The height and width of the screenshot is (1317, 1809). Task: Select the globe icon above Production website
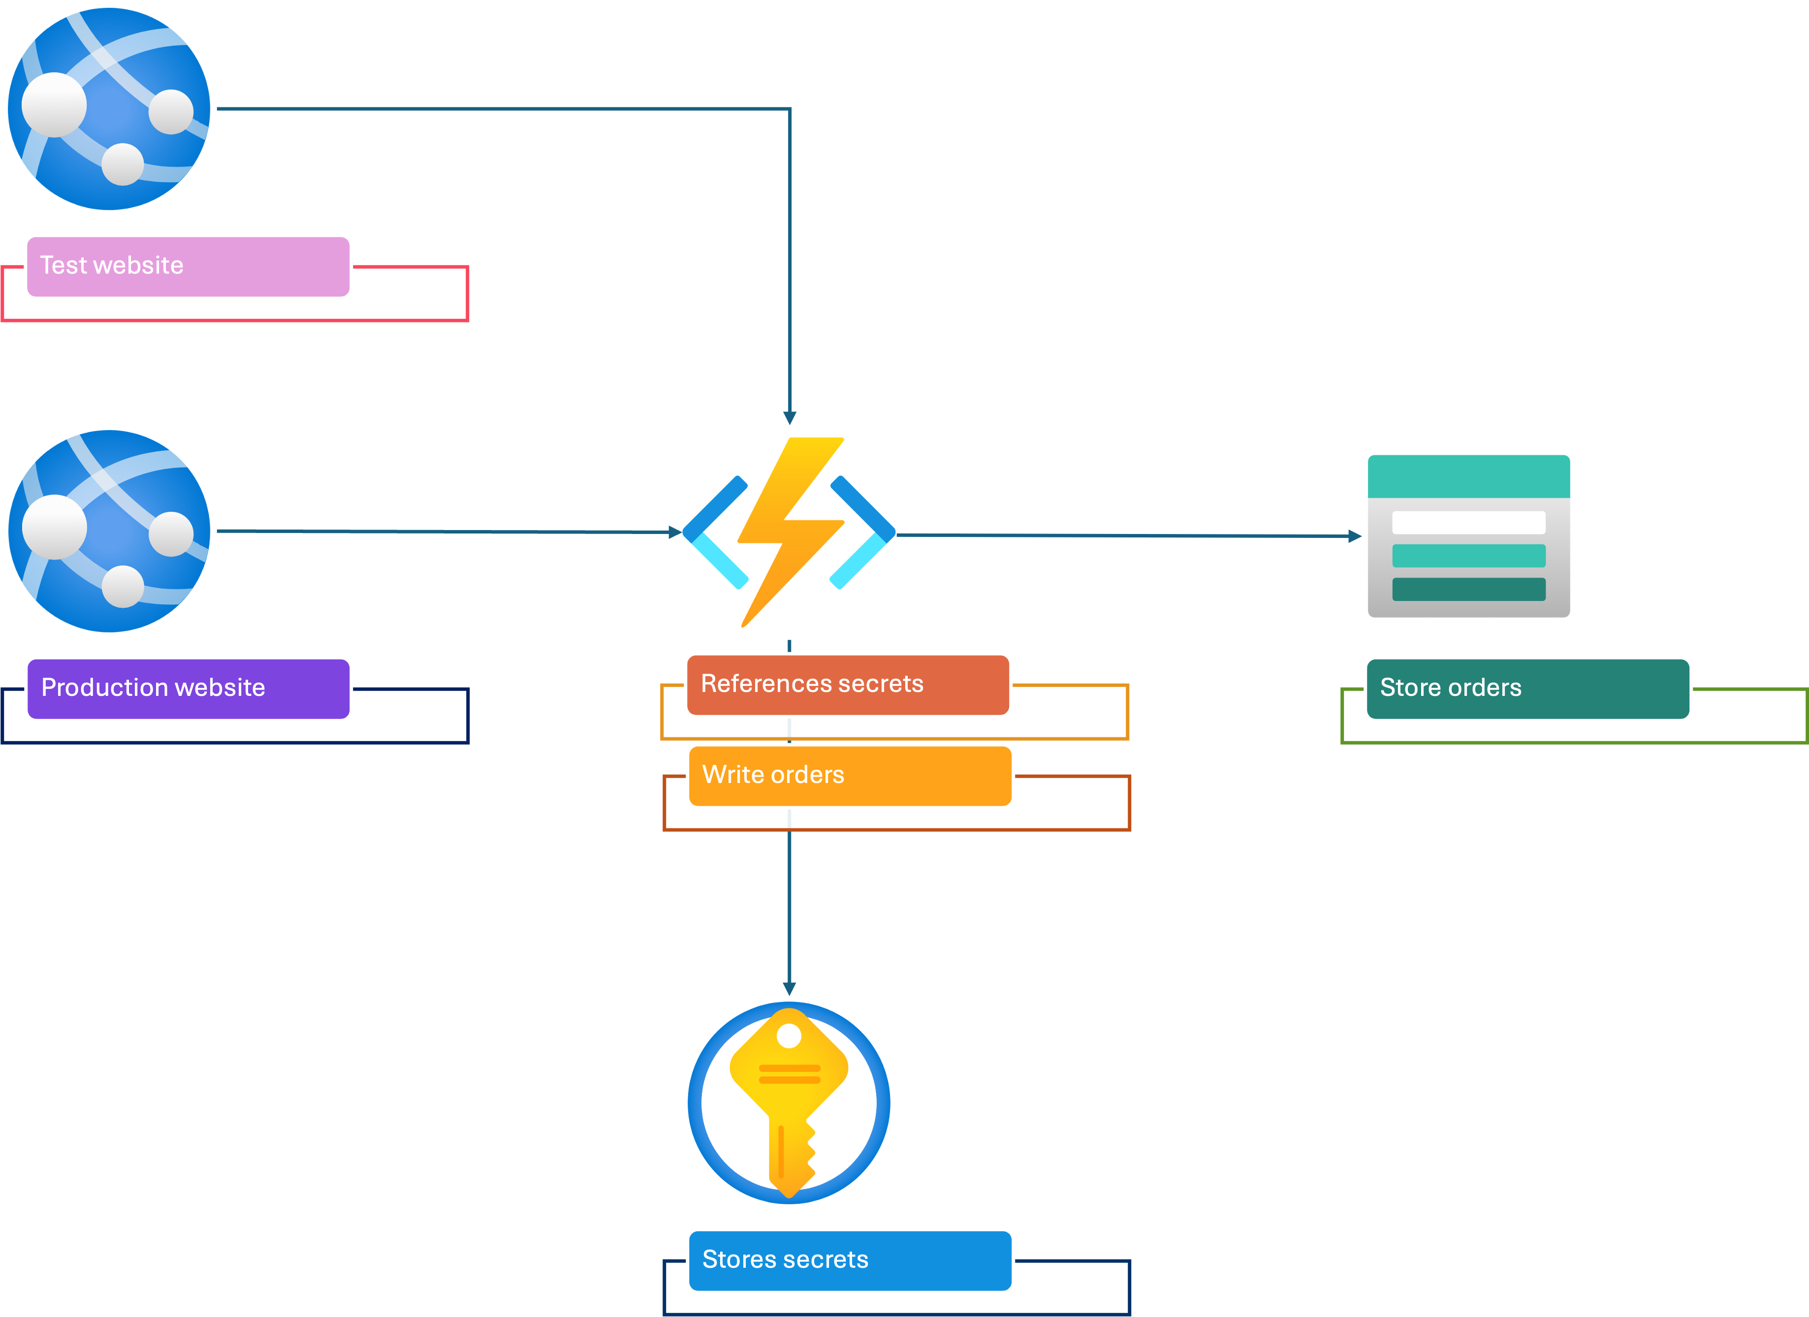[108, 531]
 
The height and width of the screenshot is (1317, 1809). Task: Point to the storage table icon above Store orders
[1468, 536]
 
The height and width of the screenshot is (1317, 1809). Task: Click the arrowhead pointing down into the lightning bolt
[790, 418]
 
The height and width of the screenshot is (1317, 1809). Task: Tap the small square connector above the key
[790, 989]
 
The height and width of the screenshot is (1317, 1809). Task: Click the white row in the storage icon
[1468, 523]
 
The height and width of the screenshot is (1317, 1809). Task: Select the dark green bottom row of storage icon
[1468, 590]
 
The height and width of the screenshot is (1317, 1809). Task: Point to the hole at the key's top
[789, 1036]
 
